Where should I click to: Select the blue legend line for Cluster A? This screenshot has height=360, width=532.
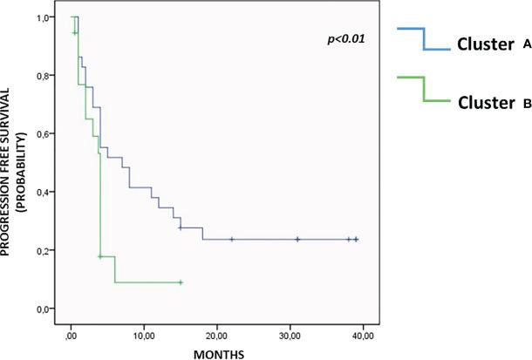[x=423, y=39]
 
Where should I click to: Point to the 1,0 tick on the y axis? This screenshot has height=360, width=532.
[x=42, y=17]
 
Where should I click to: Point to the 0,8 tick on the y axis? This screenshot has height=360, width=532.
[x=42, y=76]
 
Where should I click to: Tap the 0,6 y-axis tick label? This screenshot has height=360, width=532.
[x=42, y=133]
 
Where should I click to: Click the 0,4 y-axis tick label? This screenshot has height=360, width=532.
[x=42, y=192]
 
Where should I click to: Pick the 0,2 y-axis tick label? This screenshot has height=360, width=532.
[x=42, y=250]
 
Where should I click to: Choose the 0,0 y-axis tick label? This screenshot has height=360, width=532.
[x=42, y=309]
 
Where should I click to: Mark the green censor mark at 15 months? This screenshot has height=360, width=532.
[x=181, y=282]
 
